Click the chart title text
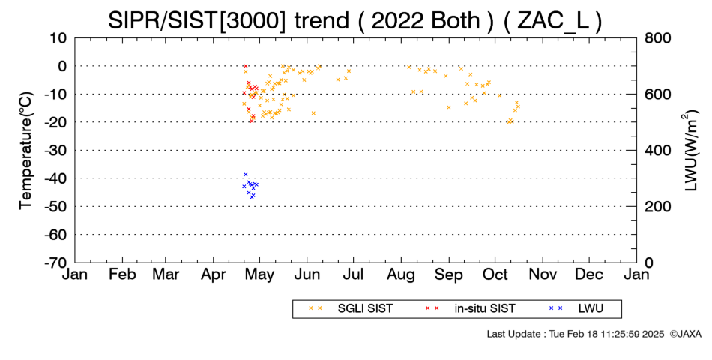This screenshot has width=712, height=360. point(355,20)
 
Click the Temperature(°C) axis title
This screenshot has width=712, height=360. point(26,151)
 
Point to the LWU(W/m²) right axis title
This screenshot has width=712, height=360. point(691,150)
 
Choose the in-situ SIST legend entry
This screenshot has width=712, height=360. point(471,308)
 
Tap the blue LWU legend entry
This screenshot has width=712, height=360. point(576,308)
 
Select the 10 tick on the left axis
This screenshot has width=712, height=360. point(58,37)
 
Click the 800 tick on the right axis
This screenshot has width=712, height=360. point(657,37)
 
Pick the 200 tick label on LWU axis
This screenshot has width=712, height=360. point(657,206)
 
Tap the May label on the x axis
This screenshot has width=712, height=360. point(259,275)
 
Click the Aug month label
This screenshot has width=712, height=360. point(401,275)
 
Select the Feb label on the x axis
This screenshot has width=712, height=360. point(122,274)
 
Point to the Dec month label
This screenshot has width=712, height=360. point(589,274)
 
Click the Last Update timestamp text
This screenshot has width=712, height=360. point(576,334)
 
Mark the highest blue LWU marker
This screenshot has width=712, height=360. point(246,175)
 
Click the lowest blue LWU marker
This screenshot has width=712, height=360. point(253,196)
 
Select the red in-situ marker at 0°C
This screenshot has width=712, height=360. point(246,66)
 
